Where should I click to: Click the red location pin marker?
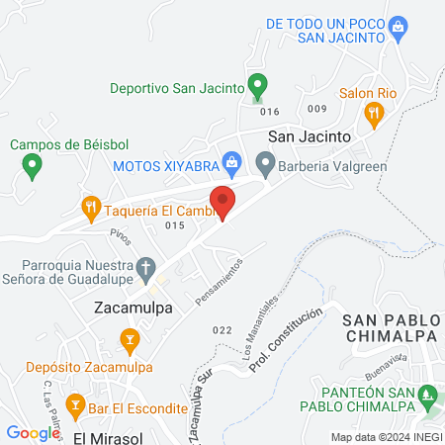tap(223, 201)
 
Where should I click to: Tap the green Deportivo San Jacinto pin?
tap(257, 86)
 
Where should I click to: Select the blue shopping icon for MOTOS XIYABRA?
tap(231, 161)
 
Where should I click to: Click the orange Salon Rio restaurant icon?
tap(373, 113)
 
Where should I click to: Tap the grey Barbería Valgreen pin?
tap(264, 161)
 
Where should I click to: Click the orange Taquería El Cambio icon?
tap(90, 207)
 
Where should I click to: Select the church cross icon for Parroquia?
tap(145, 267)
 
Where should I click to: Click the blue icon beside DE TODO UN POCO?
tap(398, 25)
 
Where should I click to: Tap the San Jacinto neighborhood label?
tap(310, 135)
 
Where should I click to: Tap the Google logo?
tap(33, 432)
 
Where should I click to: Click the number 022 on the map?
tap(222, 329)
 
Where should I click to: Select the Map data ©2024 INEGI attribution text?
tap(385, 437)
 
